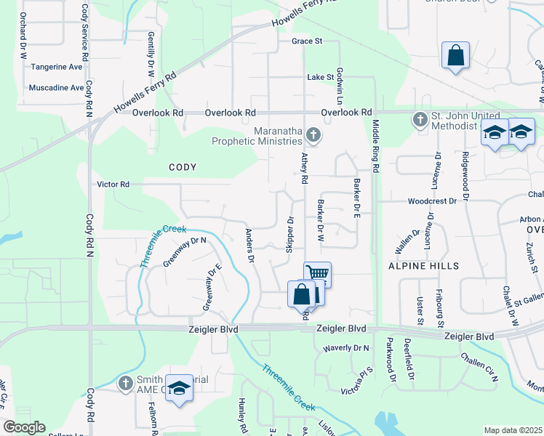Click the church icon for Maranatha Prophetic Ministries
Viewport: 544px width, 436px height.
click(313, 134)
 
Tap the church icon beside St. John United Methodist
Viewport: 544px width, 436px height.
click(419, 119)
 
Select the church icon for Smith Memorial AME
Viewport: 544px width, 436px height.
click(125, 383)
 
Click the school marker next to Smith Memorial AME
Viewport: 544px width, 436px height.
click(179, 388)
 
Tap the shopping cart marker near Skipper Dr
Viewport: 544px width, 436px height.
click(317, 274)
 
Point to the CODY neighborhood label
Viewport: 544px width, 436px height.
click(183, 167)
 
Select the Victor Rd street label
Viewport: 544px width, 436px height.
click(113, 185)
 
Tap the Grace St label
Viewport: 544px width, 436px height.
click(307, 41)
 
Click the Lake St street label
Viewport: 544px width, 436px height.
click(320, 77)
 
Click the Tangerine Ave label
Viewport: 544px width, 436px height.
click(57, 67)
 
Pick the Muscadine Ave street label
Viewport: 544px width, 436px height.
click(56, 88)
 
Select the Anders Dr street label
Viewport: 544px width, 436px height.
click(249, 246)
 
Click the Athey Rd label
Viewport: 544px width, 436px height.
click(304, 169)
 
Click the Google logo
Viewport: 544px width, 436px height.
click(24, 427)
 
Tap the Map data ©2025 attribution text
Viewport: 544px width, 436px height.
click(513, 430)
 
